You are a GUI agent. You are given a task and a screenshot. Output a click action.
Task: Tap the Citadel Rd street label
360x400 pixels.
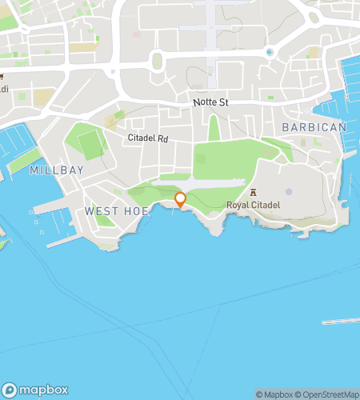[x=148, y=138]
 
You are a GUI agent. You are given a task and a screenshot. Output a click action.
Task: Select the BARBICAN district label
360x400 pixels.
[x=314, y=127]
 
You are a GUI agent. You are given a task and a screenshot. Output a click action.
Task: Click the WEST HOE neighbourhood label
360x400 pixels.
[x=110, y=210]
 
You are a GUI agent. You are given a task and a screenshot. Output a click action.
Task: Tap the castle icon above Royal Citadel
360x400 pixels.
[x=254, y=192]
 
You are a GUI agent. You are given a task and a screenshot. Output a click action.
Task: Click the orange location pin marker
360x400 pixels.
[x=181, y=200]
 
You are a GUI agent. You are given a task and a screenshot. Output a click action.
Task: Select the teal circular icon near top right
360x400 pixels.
[x=270, y=53]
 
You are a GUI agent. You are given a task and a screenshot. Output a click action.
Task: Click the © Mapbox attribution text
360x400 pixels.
[x=274, y=394]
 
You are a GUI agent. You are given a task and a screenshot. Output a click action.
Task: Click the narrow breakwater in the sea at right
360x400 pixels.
[x=340, y=322]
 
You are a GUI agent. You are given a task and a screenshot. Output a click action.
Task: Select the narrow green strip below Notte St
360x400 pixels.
[x=213, y=128]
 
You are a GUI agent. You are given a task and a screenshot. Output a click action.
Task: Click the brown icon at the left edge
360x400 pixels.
[x=3, y=78]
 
